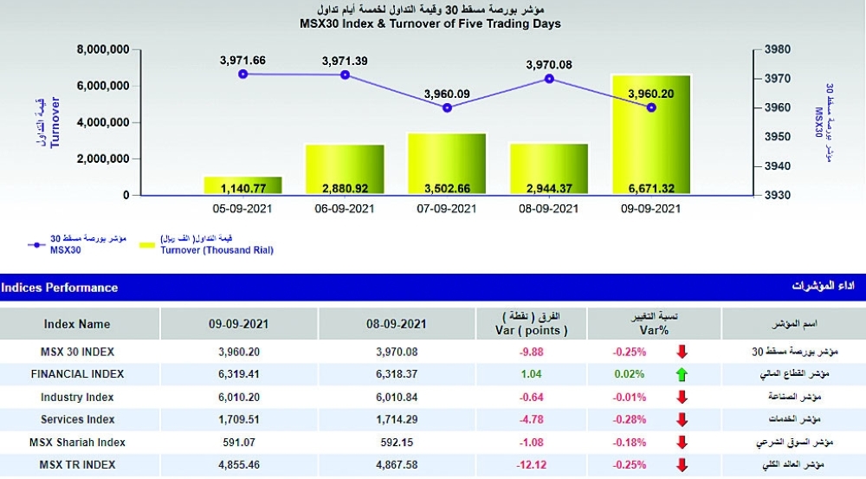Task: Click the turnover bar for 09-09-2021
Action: click(651, 134)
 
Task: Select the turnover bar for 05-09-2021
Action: click(242, 185)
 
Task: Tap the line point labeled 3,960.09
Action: click(447, 108)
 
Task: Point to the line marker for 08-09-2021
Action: click(549, 79)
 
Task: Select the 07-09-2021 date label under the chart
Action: click(447, 209)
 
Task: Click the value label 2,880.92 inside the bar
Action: click(345, 187)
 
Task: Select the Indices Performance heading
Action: click(60, 287)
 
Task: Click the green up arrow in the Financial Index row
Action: click(682, 374)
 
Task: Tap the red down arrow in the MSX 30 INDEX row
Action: click(682, 352)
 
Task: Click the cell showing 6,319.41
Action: click(239, 374)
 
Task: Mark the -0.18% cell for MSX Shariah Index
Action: click(628, 443)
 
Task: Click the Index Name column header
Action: click(77, 324)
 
